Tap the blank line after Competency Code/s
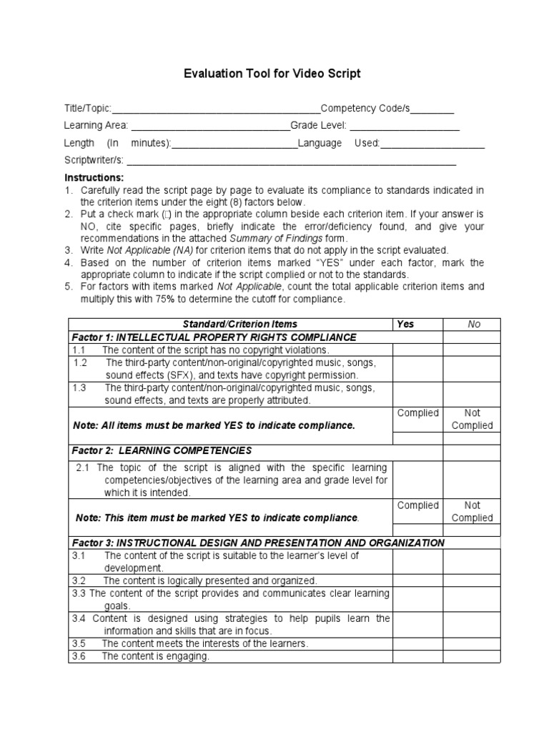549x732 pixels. [432, 109]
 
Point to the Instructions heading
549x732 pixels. [94, 177]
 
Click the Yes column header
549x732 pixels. [405, 324]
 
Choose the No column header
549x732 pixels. [474, 324]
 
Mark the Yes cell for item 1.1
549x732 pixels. [417, 350]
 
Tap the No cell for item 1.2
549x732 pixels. [472, 369]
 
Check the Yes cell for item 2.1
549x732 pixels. [417, 480]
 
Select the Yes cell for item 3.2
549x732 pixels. [417, 580]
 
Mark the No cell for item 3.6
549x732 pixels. [472, 656]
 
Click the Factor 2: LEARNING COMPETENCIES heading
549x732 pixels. [162, 450]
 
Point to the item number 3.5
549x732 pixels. [79, 643]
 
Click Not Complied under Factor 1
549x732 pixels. [472, 419]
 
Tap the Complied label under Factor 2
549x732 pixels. [417, 505]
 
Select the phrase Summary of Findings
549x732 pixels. [274, 238]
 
